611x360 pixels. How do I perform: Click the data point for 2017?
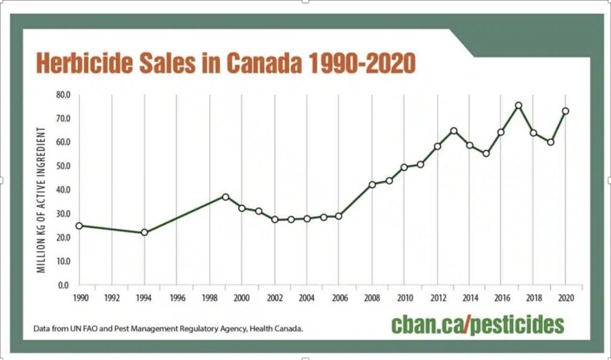[x=519, y=106]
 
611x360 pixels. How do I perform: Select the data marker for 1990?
[x=79, y=226]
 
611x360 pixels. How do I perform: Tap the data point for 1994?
[x=144, y=232]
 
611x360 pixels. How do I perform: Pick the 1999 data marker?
[x=226, y=196]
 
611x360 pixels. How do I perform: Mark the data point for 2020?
[x=566, y=111]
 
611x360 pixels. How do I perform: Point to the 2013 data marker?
[x=454, y=131]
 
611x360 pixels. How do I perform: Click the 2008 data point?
[x=372, y=184]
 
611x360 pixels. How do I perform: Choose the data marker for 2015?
[x=486, y=153]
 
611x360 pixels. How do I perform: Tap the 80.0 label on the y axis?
[x=62, y=94]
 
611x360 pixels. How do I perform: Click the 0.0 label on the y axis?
[x=64, y=285]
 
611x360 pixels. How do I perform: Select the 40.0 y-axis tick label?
[x=62, y=190]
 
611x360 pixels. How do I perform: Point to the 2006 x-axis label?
[x=339, y=297]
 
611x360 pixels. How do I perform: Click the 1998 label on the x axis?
[x=209, y=297]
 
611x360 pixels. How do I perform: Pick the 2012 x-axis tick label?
[x=437, y=297]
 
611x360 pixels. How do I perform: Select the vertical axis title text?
[x=42, y=200]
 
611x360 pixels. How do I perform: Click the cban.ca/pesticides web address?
[x=477, y=325]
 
